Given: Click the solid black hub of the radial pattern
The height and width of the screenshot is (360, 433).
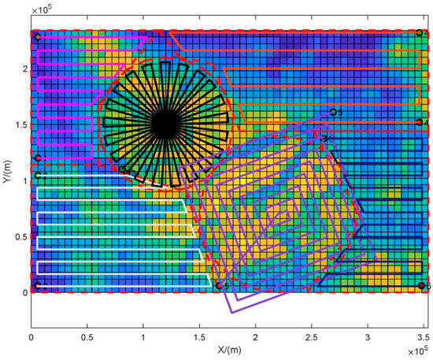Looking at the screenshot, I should (165, 124).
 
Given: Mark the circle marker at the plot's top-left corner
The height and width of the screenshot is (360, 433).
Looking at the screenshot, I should (37, 36).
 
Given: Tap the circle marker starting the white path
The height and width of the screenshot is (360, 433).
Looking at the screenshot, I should (37, 175).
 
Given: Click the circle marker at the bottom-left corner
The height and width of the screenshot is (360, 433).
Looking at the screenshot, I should (37, 285).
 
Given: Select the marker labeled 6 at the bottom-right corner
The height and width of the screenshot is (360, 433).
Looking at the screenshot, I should (422, 285).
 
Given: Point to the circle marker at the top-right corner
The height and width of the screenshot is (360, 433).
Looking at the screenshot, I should (420, 33).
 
